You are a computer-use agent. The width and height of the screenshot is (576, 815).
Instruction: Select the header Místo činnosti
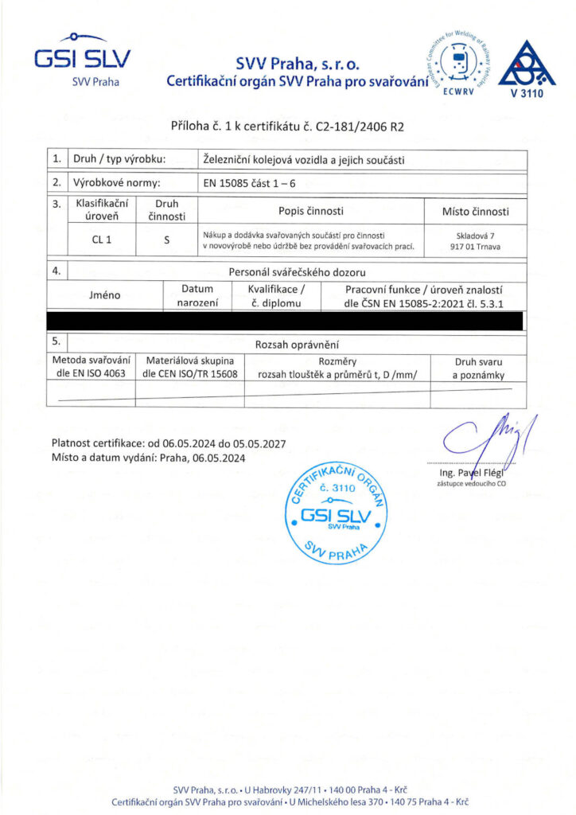pos(475,212)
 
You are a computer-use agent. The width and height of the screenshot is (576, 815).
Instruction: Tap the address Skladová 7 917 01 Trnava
pos(475,241)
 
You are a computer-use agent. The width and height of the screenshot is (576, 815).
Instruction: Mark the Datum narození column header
pos(197,295)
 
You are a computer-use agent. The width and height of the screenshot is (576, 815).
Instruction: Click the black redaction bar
pos(286,320)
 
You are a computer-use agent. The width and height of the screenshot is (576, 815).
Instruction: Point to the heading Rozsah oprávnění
pos(297,344)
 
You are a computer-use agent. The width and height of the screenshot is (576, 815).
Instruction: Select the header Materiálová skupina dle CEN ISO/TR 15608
pos(189,367)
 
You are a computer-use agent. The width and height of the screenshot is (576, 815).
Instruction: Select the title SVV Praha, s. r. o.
pos(298,64)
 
